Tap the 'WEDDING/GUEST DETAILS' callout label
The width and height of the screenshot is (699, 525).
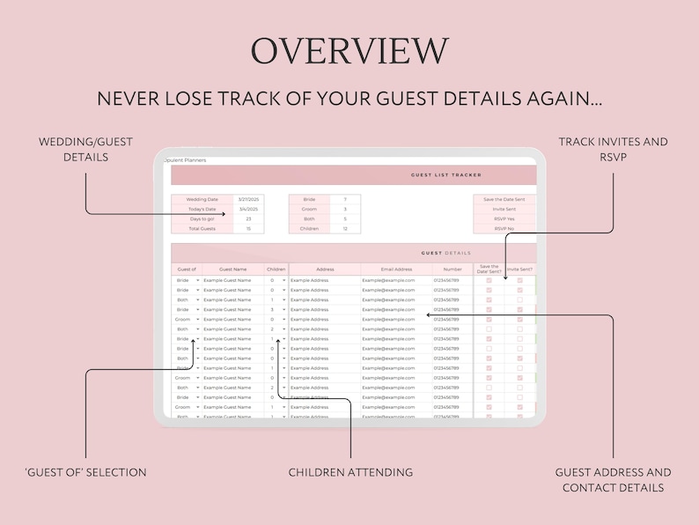tap(73, 149)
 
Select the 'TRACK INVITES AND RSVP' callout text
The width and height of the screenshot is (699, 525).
tap(613, 149)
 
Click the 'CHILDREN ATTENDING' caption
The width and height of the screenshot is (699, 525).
tap(350, 472)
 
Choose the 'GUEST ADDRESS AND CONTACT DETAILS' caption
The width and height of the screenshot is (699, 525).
tap(613, 480)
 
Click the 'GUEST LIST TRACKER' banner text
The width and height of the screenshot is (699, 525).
tap(446, 175)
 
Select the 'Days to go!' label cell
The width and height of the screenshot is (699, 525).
tap(202, 219)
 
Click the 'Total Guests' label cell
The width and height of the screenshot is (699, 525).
tap(202, 229)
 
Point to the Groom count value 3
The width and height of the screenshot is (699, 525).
tap(345, 210)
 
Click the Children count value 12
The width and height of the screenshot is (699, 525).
tap(345, 229)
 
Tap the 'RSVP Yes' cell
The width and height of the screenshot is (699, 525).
tap(504, 219)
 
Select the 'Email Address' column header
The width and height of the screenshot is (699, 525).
tap(396, 269)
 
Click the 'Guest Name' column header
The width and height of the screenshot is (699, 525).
tap(233, 269)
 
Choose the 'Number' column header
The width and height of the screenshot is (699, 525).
tap(453, 269)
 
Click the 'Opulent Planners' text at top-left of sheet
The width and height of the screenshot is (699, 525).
tap(186, 160)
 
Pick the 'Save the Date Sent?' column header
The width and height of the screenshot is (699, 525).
tap(489, 269)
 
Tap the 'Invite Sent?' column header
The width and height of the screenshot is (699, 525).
tap(520, 269)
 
